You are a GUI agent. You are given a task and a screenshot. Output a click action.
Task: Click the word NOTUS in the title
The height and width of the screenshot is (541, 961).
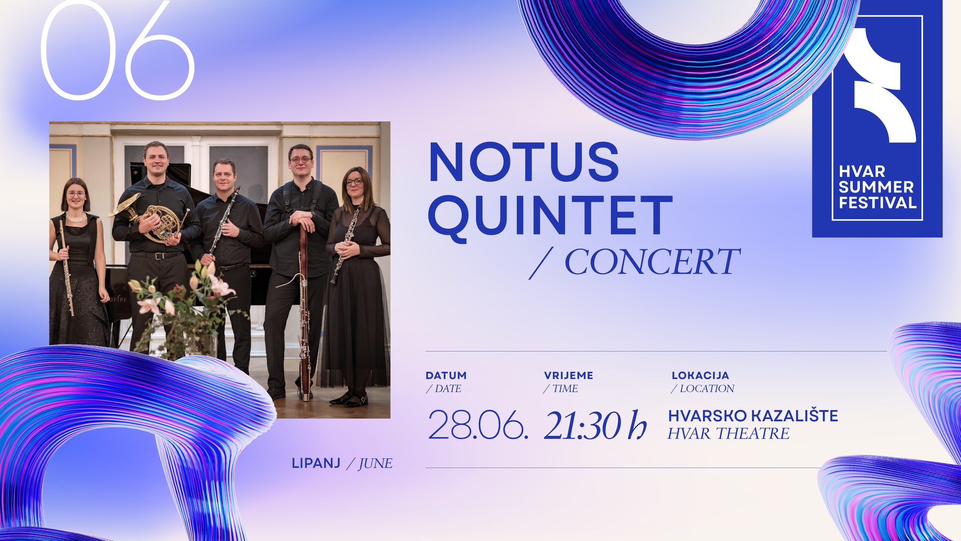tap(524, 162)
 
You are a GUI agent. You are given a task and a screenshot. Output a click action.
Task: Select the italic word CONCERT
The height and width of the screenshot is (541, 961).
tap(652, 262)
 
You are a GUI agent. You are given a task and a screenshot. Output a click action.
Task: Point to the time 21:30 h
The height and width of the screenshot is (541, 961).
tap(595, 425)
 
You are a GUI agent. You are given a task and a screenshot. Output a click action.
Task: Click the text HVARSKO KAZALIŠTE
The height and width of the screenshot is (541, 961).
tap(753, 416)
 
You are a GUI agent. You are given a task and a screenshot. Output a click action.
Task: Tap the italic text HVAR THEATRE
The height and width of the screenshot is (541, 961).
tap(729, 433)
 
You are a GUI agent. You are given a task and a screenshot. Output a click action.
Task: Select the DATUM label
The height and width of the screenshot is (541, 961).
tap(446, 375)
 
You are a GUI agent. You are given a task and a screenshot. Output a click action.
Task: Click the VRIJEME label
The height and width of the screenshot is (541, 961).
tap(569, 375)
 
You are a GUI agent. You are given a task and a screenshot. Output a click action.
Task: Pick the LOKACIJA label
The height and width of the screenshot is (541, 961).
tap(700, 375)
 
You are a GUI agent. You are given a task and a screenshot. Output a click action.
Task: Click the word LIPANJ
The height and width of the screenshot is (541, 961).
tap(316, 463)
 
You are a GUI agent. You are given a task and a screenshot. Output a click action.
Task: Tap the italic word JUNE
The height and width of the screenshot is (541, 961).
tap(375, 464)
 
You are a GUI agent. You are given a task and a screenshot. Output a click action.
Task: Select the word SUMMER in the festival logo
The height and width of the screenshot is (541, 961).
tap(876, 187)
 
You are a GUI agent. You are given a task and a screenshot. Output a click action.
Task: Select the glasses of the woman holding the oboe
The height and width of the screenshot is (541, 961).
tap(354, 182)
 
